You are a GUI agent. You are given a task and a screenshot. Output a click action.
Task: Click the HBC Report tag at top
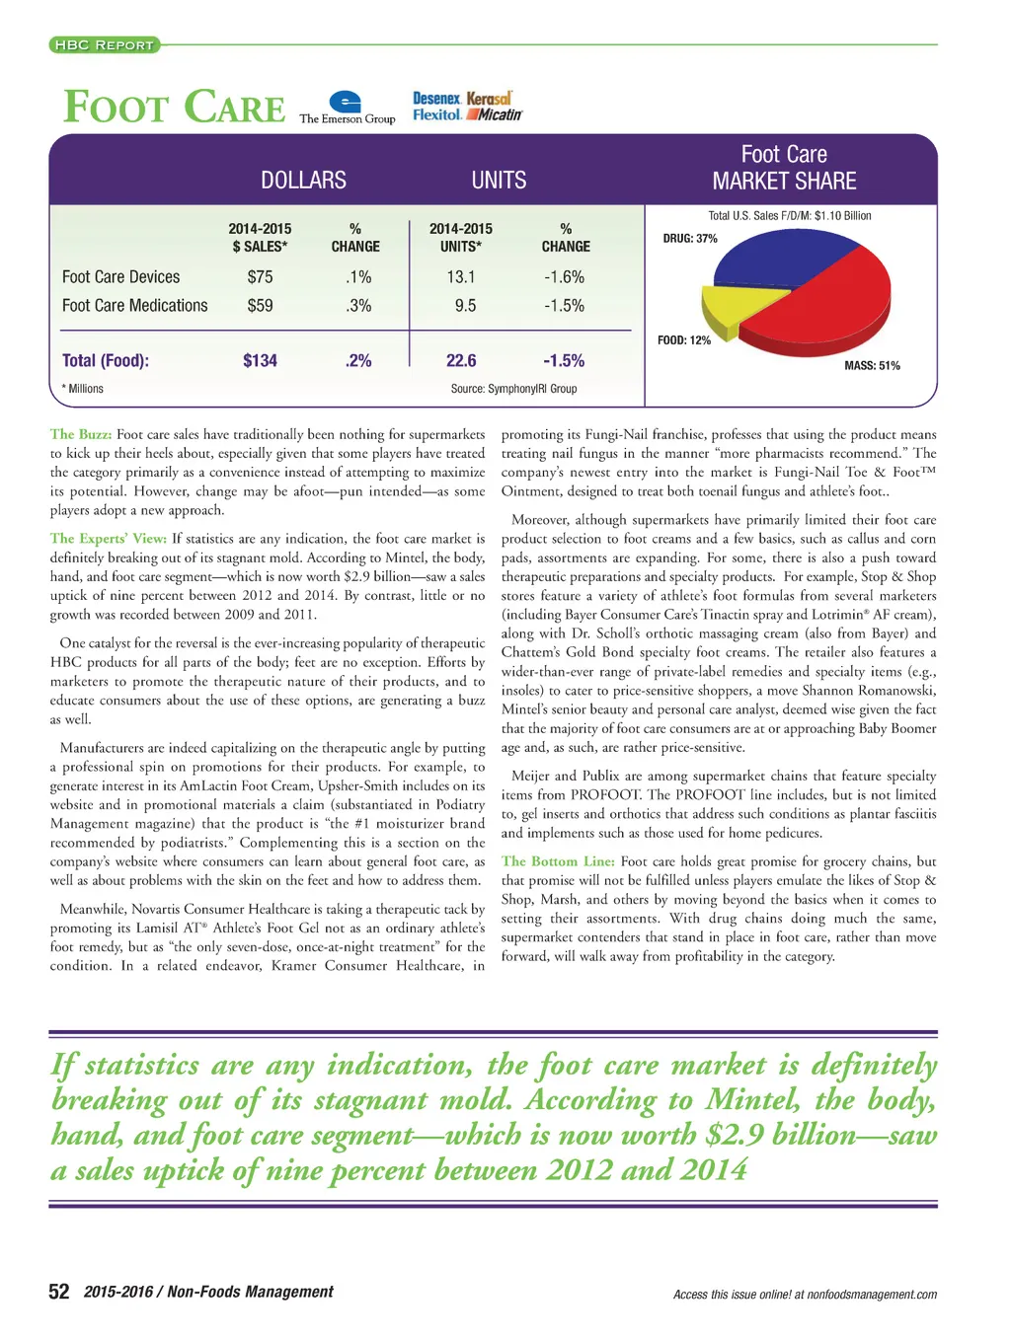[x=104, y=44]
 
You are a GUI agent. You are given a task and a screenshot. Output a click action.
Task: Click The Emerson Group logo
[x=347, y=108]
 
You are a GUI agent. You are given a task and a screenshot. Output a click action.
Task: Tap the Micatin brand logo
[x=495, y=115]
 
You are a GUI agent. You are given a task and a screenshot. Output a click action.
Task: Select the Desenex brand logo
[x=436, y=99]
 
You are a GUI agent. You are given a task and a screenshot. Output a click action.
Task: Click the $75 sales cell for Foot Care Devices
[x=261, y=277]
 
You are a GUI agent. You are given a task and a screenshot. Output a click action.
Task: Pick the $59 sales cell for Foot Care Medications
[x=261, y=306]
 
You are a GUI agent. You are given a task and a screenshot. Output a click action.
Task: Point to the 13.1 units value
[x=461, y=277]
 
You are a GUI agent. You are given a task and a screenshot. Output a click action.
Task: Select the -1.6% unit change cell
[x=565, y=277]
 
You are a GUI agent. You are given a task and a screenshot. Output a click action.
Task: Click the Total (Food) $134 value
[x=261, y=361]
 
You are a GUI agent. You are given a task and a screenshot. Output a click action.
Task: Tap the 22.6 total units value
[x=461, y=361]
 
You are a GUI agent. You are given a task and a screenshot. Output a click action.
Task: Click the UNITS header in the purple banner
[x=499, y=181]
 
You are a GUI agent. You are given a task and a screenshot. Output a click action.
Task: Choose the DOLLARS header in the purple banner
[x=303, y=181]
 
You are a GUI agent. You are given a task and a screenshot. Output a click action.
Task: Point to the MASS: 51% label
[x=872, y=366]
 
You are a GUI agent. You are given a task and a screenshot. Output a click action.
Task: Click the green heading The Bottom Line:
[x=558, y=861]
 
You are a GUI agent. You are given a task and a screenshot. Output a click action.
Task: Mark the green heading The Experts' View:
[x=109, y=539]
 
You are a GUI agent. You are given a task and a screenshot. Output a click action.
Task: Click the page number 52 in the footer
[x=59, y=1292]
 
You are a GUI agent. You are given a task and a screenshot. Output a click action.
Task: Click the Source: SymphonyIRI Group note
[x=513, y=389]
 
